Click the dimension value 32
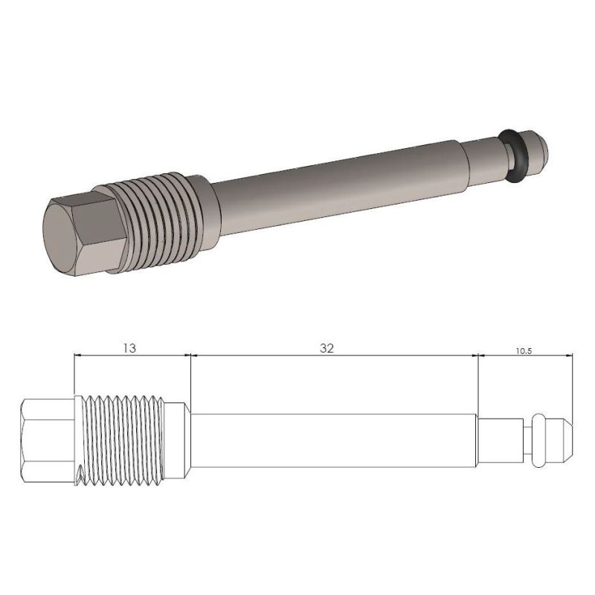327,347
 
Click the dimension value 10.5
524,350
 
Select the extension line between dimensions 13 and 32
191,379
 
